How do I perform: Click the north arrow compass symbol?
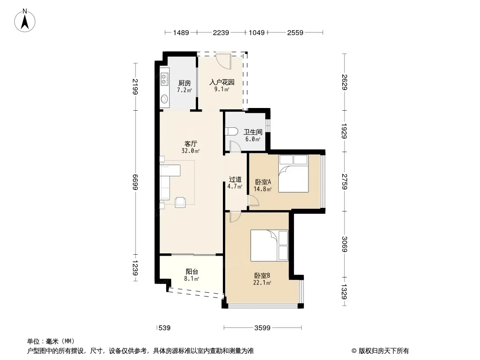tap(25, 21)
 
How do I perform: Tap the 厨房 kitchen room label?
tap(185, 83)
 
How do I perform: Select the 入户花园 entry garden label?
tap(222, 82)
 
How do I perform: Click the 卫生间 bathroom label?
tap(253, 132)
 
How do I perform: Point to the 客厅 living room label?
tap(191, 144)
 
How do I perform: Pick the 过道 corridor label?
tap(235, 180)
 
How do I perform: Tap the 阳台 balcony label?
tap(192, 272)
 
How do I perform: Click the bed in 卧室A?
tap(293, 174)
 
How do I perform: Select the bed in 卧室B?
tap(269, 245)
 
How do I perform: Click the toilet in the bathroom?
tap(231, 131)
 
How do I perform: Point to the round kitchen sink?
tap(164, 99)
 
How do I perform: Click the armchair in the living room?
tap(180, 202)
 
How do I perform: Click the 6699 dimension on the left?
tap(135, 182)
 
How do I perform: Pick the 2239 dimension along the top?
tap(221, 32)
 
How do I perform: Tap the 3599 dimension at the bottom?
tap(263, 328)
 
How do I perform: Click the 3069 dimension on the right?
tap(344, 244)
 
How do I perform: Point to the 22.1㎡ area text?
tap(262, 283)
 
